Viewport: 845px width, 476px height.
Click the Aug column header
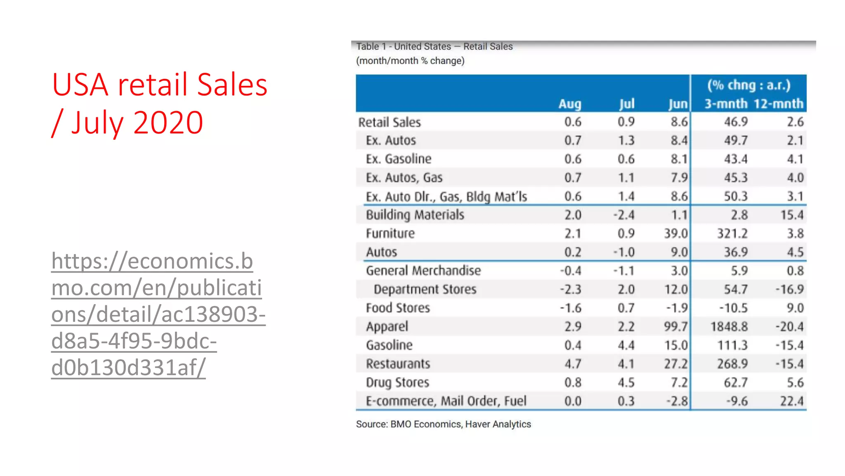[570, 104]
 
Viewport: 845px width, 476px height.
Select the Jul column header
[626, 104]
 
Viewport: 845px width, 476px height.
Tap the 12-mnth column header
[779, 103]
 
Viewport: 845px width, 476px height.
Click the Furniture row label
[390, 233]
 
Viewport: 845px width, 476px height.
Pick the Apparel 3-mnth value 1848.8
[729, 326]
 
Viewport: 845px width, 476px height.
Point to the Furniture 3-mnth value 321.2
[732, 233]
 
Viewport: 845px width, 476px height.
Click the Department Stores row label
[425, 289]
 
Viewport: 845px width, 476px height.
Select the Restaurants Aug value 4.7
[573, 364]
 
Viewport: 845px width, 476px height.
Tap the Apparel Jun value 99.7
[675, 326]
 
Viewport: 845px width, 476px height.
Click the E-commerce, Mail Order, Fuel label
[446, 401]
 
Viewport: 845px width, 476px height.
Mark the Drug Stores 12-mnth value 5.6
[795, 382]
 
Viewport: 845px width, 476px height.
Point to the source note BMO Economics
[444, 424]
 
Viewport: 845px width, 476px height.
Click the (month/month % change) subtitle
[410, 61]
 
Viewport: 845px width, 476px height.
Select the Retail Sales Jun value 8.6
[679, 122]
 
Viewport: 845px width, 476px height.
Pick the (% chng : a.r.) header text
[749, 85]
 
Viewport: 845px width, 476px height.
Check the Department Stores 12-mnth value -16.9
[789, 289]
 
